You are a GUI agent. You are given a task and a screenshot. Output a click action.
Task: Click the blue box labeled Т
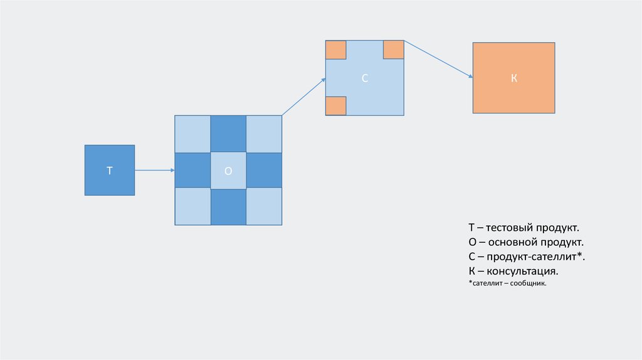pos(110,170)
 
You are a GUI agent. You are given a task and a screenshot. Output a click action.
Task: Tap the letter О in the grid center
pos(228,170)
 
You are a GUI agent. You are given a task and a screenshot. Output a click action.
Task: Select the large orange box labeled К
pos(513,78)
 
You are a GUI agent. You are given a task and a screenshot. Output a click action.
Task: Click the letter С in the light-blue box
pos(365,78)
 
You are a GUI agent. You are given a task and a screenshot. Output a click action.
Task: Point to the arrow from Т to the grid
pos(154,170)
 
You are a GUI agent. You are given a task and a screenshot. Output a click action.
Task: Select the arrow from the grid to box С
pos(303,97)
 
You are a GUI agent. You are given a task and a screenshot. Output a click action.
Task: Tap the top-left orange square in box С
pos(336,50)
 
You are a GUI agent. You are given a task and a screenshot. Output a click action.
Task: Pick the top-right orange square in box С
pos(393,50)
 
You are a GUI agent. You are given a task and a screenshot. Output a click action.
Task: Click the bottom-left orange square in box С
pos(336,105)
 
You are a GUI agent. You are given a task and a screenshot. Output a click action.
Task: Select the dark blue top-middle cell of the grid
pos(228,134)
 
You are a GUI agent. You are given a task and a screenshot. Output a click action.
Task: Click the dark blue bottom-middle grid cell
pos(228,206)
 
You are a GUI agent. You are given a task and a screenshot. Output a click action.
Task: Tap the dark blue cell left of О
pos(192,170)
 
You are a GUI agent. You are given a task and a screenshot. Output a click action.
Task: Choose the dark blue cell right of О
pos(264,170)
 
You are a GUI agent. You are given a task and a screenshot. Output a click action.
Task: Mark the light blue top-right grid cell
pos(264,134)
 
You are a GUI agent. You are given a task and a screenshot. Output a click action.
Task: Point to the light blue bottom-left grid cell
pos(192,206)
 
